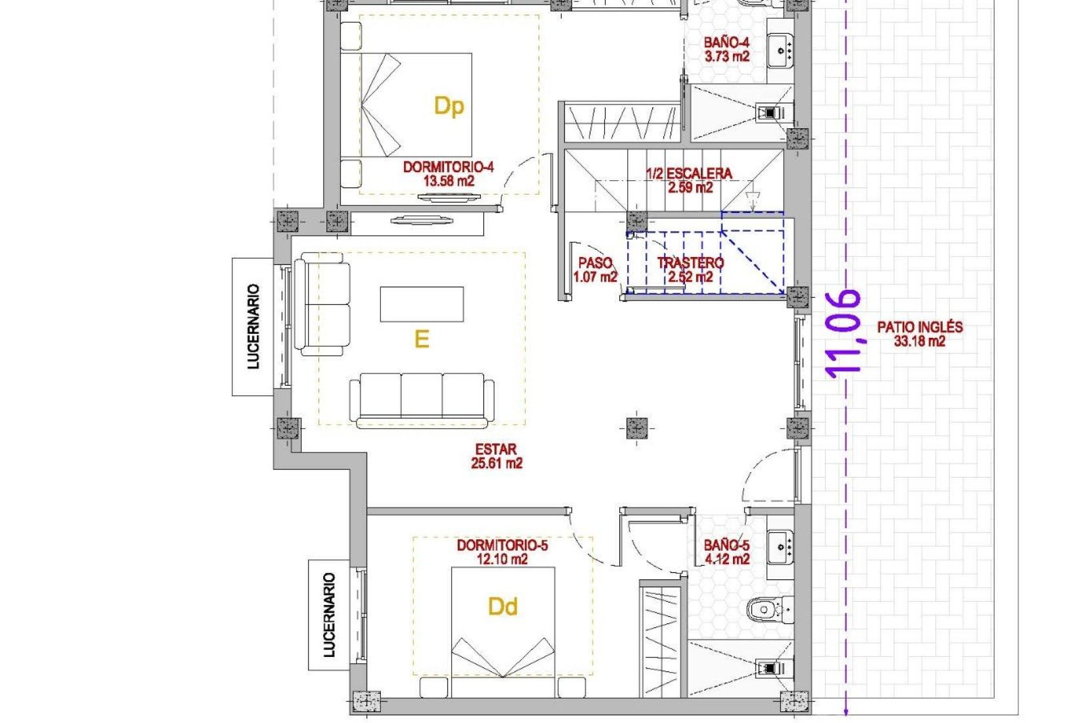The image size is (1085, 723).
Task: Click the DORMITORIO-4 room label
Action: [x=448, y=173]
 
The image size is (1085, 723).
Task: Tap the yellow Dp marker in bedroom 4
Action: [x=449, y=106]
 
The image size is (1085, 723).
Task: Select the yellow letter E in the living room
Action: [x=422, y=339]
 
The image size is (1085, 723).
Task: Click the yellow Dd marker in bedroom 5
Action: [x=502, y=607]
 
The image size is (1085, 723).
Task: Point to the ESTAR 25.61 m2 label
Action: [x=496, y=456]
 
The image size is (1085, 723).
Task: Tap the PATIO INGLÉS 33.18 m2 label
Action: [x=919, y=333]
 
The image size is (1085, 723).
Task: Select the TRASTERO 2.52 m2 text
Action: [x=690, y=269]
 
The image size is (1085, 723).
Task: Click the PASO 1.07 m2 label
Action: [x=595, y=269]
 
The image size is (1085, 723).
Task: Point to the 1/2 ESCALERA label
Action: [x=689, y=180]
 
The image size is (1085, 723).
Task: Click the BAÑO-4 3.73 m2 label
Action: [x=726, y=49]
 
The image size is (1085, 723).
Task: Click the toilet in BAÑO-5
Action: [x=768, y=610]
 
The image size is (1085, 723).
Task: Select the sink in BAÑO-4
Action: [x=780, y=50]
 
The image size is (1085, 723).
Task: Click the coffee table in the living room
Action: [x=422, y=304]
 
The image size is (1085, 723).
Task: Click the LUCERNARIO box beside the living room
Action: [x=253, y=326]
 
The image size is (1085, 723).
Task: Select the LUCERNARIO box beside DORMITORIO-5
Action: [x=329, y=615]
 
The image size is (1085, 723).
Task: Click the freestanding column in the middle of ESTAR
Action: [x=636, y=428]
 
